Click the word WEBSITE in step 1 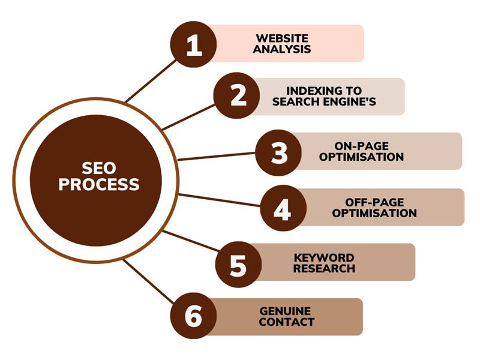pos(282,38)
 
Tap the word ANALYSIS pos(282,49)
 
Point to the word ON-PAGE pos(361,146)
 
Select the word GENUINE pos(285,311)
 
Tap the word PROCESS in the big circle pos(98,185)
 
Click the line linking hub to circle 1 pos(150,81)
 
